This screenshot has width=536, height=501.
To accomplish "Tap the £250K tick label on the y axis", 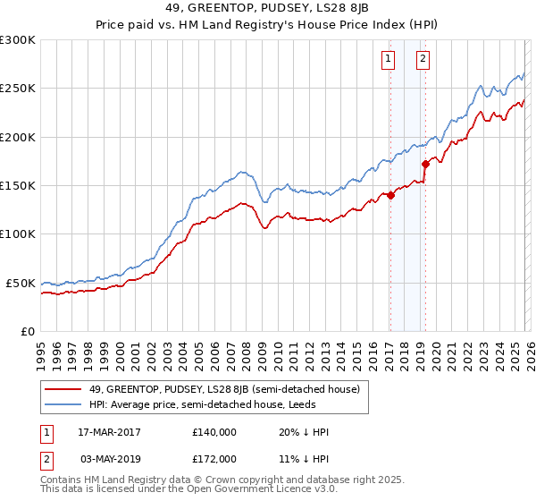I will pos(18,89).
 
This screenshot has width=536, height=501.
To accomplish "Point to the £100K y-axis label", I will pos(18,234).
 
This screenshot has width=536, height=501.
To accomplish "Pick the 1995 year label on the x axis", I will pos(42,352).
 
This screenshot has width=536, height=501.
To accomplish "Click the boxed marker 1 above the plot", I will pos(389,60).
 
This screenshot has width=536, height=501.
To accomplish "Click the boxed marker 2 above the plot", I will pos(423,60).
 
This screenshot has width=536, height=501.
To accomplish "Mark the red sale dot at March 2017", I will pos(390,196).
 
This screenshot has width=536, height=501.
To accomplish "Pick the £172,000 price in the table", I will pos(214,459).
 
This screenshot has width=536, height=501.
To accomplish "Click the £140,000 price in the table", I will pos(214,432).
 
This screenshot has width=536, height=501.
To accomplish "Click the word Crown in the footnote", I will pos(218,480).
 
